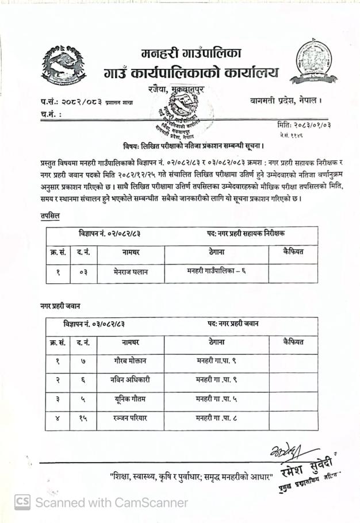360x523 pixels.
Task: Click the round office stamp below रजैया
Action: click(182, 111)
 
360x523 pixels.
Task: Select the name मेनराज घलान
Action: click(131, 272)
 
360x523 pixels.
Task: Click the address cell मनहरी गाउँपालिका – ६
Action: click(216, 271)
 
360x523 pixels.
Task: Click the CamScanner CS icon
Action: click(22, 502)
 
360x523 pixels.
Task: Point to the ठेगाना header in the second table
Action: click(216, 342)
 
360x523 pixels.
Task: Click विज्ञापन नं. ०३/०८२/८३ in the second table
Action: click(94, 324)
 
